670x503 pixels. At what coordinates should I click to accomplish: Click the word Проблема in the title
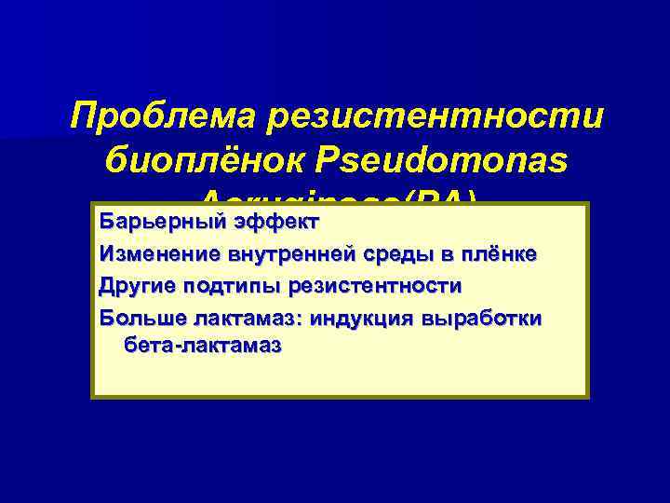coord(164,119)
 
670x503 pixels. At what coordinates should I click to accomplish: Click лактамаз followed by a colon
coord(247,317)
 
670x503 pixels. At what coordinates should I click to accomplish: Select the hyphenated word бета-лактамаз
coord(201,346)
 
